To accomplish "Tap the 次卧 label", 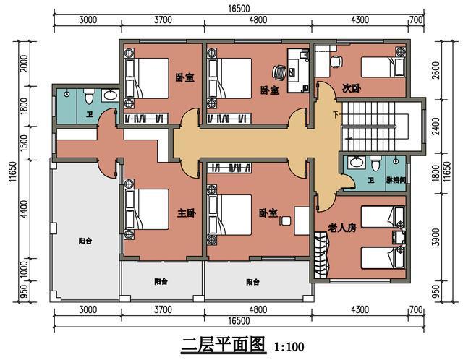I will [352, 88].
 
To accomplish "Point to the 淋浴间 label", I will [396, 180].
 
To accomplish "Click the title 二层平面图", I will [224, 343].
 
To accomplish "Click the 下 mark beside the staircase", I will [334, 115].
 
